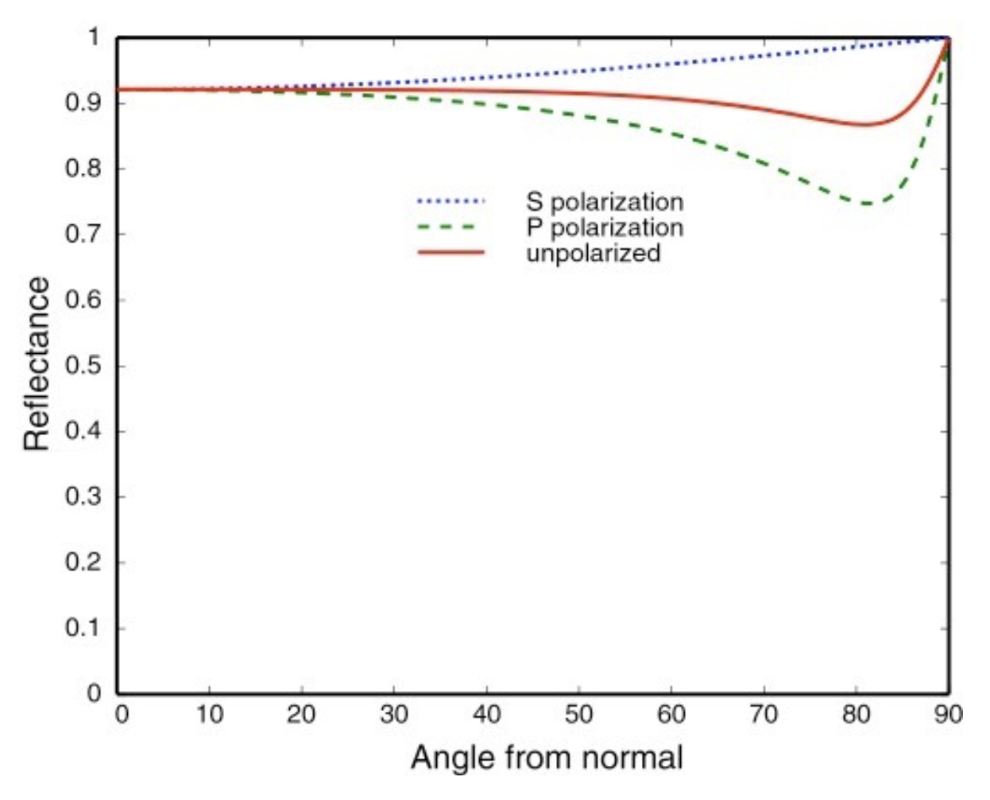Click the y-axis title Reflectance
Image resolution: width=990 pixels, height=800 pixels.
coord(37,365)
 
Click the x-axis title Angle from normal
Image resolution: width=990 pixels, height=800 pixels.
coord(547,757)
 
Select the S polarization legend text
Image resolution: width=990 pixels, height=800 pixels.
coord(604,201)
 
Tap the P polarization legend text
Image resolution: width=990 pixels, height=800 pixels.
coord(604,227)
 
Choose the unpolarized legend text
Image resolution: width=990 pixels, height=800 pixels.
coord(593,253)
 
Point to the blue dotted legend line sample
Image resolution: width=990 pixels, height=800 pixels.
coord(451,201)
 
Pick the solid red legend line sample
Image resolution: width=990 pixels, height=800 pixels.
coord(451,253)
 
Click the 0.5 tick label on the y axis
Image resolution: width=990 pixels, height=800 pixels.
coord(83,366)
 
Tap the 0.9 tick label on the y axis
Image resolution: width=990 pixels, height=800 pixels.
coord(83,103)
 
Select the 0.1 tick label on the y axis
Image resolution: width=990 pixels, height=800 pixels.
coord(83,628)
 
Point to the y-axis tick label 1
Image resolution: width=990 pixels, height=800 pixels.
coord(94,37)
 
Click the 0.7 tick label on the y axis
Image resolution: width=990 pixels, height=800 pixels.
coord(83,235)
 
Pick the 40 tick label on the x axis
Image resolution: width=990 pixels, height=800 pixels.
coord(486,715)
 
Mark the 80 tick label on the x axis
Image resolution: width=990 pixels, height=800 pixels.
coord(857,715)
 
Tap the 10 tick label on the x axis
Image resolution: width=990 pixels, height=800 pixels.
coord(209,715)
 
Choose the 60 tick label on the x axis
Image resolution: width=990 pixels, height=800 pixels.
coord(671,715)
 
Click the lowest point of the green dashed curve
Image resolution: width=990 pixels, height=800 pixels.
coord(866,204)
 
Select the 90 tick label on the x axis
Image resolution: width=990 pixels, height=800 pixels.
coord(948,715)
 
